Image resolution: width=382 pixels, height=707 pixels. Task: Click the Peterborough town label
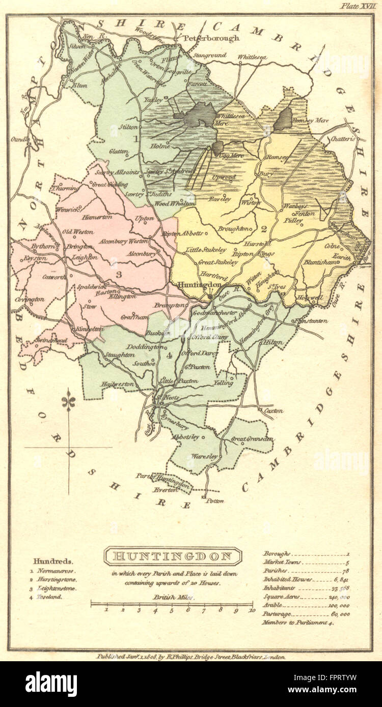204,38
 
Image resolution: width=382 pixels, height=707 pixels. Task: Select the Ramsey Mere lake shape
283,119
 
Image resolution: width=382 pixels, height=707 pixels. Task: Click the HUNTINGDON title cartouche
173,556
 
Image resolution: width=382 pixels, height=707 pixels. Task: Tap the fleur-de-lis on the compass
69,402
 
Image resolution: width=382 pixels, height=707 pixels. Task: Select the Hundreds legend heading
53,562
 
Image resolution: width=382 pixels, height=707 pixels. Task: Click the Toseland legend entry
49,597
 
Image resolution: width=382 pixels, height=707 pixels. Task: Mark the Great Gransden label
252,438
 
